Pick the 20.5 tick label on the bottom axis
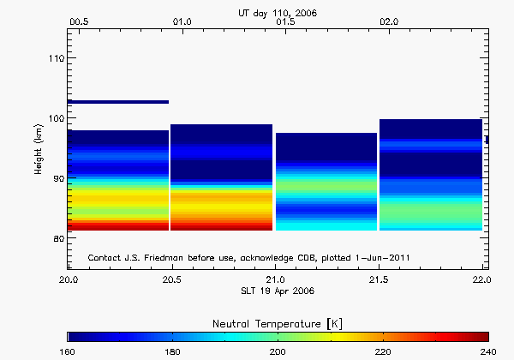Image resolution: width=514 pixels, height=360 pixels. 171,279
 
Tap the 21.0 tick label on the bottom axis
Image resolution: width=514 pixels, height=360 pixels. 274,279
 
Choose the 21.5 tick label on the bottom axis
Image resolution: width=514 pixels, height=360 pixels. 378,279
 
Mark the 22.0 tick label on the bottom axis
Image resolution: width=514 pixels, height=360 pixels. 481,279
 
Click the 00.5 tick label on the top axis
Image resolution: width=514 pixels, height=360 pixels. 78,21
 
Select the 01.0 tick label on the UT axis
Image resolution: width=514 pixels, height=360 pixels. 182,21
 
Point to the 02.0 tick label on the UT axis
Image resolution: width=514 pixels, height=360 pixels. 388,21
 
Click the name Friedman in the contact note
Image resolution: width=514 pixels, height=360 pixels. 164,257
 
